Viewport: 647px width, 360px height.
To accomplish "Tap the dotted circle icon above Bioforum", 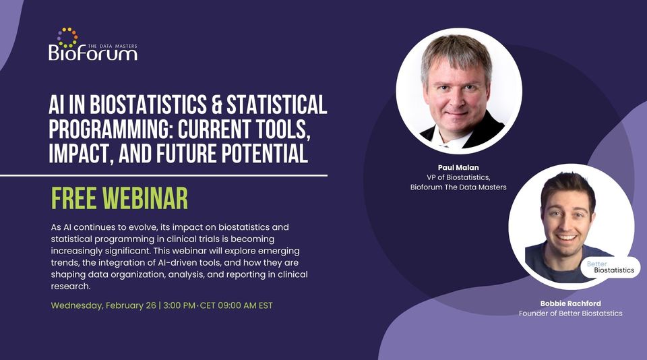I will pos(67,37).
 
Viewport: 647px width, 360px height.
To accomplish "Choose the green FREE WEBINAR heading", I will pos(119,198).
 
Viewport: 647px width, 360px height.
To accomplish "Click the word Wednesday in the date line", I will pos(77,305).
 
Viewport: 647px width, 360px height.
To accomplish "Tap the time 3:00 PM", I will pos(177,305).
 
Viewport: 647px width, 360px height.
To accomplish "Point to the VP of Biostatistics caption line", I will pos(458,176).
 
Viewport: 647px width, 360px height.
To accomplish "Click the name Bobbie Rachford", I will pos(569,303).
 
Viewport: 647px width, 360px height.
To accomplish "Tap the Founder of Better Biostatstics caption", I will pos(569,313).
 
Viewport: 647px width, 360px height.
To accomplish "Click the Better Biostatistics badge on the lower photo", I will pos(610,267).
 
